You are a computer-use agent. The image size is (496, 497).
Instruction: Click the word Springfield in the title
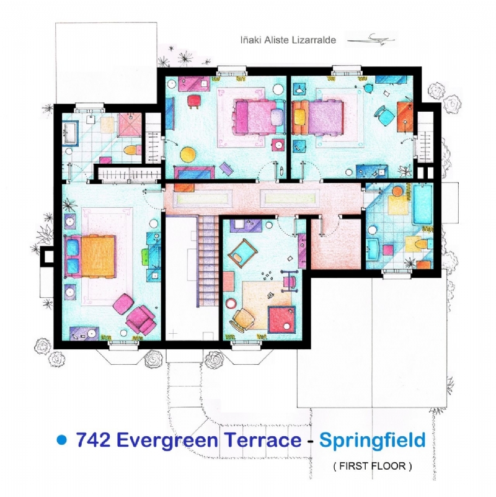[x=372, y=441]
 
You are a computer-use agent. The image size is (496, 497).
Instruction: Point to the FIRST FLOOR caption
[x=373, y=466]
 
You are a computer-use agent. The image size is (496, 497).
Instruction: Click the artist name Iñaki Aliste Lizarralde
[x=288, y=40]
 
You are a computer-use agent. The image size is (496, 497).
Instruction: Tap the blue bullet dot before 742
[x=62, y=440]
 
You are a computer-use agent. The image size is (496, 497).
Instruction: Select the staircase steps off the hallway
[x=208, y=261]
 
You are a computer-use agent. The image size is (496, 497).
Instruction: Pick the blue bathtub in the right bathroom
[x=422, y=205]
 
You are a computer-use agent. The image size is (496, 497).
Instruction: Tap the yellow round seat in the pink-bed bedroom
[x=188, y=154]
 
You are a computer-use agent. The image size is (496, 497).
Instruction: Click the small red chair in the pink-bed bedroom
[x=194, y=101]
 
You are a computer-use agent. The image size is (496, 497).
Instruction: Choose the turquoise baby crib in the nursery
[x=242, y=252]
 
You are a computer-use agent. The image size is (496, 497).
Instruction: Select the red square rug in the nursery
[x=281, y=320]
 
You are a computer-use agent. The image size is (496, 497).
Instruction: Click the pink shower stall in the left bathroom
[x=130, y=125]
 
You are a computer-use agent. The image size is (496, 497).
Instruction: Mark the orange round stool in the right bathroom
[x=397, y=192]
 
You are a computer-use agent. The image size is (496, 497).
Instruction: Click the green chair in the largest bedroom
[x=145, y=256]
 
